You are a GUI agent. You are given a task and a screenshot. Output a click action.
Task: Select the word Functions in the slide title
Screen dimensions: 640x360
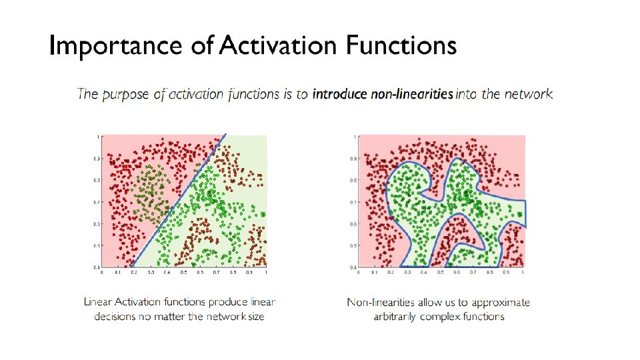(x=401, y=46)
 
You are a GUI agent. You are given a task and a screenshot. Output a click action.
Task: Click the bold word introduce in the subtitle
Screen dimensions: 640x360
(x=339, y=94)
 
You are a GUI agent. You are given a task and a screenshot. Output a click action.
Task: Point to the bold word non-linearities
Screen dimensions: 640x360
(x=412, y=94)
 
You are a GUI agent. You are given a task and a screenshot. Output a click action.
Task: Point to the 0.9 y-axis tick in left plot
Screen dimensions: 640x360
(x=96, y=159)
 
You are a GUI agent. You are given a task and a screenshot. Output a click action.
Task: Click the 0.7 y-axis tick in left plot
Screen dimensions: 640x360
(x=96, y=202)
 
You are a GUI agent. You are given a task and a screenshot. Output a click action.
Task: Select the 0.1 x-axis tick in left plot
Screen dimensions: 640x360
(x=118, y=272)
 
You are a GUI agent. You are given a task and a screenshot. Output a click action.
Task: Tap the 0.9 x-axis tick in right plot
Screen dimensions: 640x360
(x=507, y=272)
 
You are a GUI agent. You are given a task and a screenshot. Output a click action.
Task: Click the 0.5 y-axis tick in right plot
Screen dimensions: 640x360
(x=353, y=245)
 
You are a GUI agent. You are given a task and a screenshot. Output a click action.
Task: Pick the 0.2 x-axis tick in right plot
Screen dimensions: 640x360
(x=391, y=272)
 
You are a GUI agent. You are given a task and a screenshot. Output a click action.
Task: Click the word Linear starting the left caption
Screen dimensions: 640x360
(x=98, y=302)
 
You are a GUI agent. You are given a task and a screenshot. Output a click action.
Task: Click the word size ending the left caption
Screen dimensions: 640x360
(x=255, y=316)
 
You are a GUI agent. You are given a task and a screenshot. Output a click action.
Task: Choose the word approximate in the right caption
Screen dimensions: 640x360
(x=503, y=303)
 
